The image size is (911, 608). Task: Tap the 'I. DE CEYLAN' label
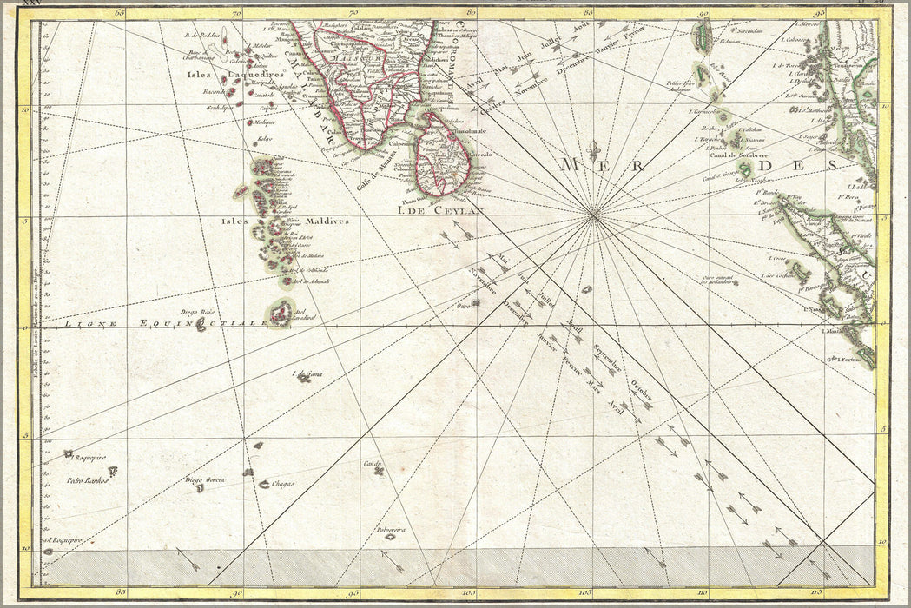point(431,208)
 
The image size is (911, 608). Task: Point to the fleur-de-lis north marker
point(594,148)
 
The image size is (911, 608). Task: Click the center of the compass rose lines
point(594,215)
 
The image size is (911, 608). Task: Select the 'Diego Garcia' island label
point(205,479)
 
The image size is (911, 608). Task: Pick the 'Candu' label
point(374,464)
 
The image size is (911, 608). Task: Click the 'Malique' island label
point(264,123)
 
